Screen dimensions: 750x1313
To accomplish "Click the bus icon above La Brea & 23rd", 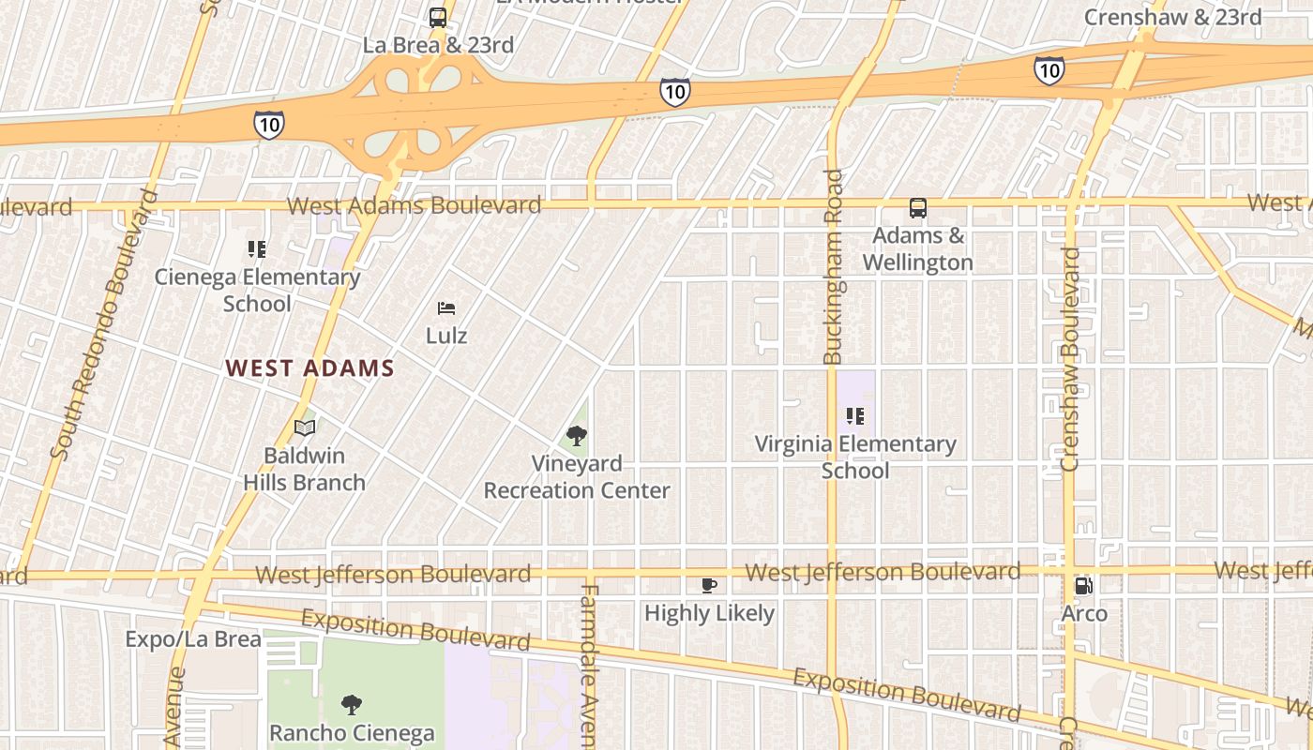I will coord(438,17).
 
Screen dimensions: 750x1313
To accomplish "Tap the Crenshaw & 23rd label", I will coord(1172,17).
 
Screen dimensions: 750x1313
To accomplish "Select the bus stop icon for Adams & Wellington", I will coord(917,208).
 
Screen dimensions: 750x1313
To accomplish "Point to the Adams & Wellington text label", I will coord(917,248).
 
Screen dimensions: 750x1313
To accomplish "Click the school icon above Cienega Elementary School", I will coord(257,249).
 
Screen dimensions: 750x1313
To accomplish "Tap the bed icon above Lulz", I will coord(446,307).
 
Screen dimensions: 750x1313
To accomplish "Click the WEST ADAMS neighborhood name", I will coord(309,368).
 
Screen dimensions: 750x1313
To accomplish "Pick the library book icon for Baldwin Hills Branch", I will coord(304,427).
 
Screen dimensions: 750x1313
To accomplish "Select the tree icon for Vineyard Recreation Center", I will coord(576,436).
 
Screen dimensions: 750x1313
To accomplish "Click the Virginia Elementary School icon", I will coord(854,415).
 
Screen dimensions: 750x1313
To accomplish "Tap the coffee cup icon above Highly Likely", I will coord(709,586).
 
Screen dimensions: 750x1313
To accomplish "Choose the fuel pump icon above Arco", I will coord(1084,586).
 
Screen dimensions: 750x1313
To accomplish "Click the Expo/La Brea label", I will coord(193,639).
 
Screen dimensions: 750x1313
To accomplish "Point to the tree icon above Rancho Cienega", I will coord(352,704).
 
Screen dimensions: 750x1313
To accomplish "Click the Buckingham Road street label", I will coord(833,267).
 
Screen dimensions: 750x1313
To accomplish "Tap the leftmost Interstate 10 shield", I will coord(268,124).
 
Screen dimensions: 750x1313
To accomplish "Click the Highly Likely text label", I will coord(709,613).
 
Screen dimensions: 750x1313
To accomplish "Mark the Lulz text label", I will coord(446,335).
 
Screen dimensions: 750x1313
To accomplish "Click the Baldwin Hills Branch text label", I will coord(304,469).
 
